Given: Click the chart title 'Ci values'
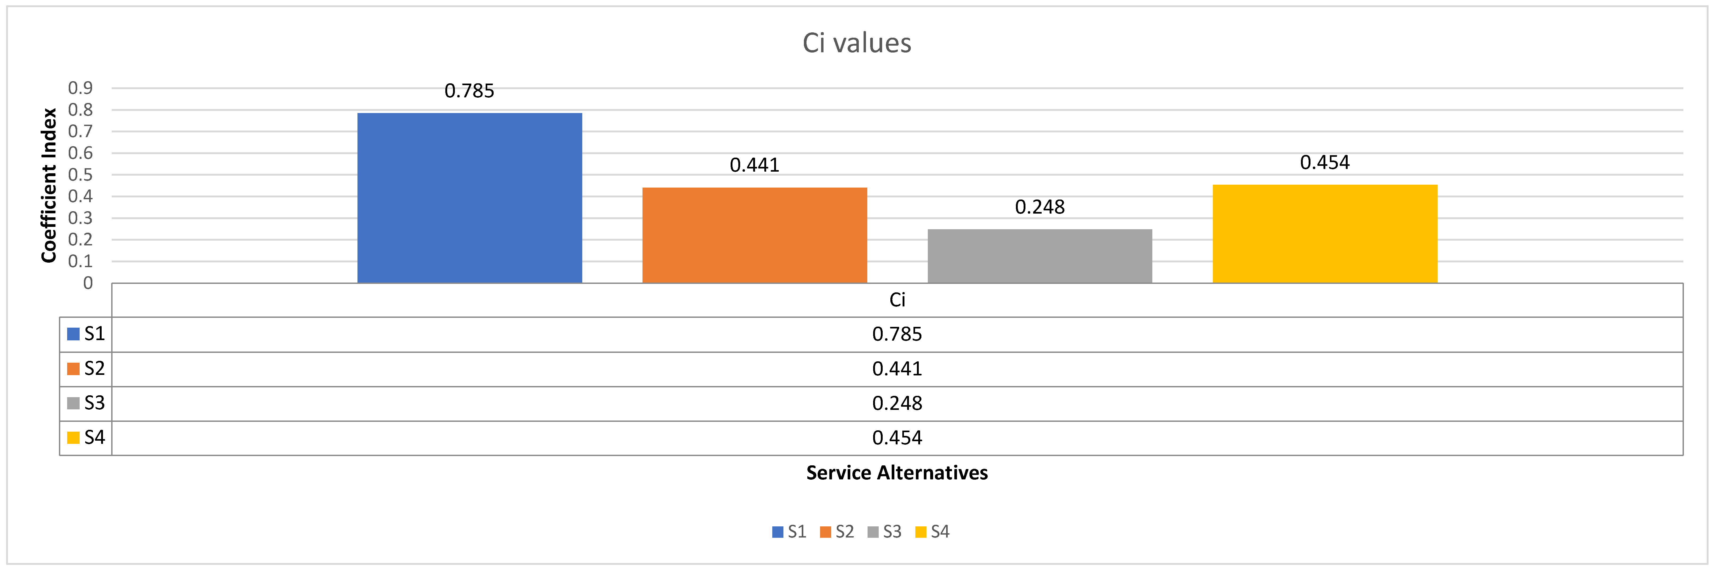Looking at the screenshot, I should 857,43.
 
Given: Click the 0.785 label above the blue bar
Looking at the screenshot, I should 470,91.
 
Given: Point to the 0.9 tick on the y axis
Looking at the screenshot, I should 81,88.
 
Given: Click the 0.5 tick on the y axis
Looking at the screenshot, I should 81,175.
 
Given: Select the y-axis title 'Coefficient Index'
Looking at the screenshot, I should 49,185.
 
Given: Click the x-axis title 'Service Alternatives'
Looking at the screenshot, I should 897,473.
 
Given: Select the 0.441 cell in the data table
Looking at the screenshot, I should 897,369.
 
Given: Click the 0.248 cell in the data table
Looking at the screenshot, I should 897,404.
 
